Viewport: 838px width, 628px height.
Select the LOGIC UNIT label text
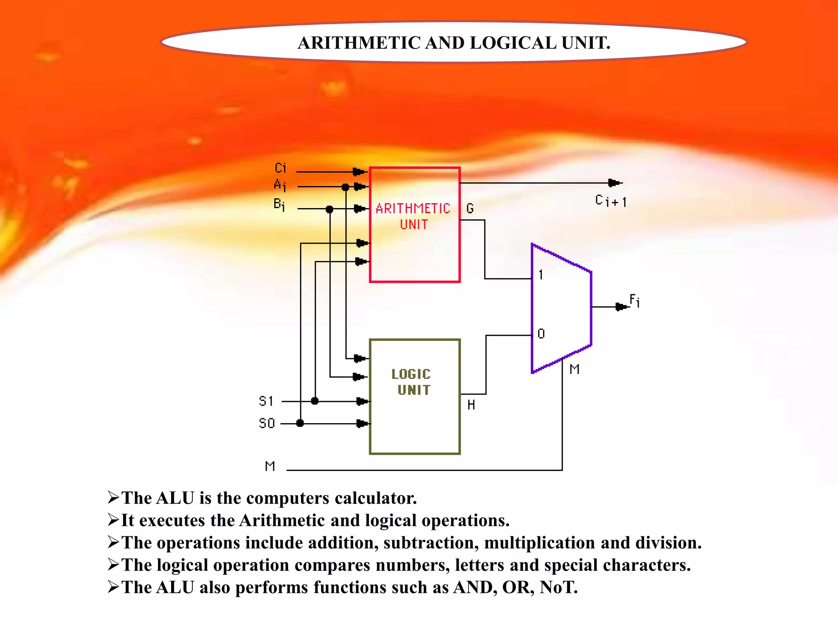coord(412,382)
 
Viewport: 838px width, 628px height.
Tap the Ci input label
coord(281,168)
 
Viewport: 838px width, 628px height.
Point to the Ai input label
coord(280,185)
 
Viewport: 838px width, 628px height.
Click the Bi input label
coord(279,204)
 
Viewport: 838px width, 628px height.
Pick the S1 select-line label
coord(266,401)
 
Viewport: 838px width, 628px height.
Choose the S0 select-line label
coord(267,423)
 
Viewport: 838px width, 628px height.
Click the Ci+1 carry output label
coord(610,201)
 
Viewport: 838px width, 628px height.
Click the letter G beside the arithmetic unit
coord(470,209)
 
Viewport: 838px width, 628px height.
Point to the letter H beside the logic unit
coord(471,405)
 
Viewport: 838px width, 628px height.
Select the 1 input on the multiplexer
coord(541,275)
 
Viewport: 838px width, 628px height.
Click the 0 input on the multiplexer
coord(541,334)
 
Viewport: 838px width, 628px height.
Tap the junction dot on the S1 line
coord(315,401)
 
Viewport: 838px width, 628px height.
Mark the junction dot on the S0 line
coord(300,423)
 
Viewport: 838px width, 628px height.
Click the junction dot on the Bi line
coord(329,209)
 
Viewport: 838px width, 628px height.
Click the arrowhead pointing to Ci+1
coord(614,183)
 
